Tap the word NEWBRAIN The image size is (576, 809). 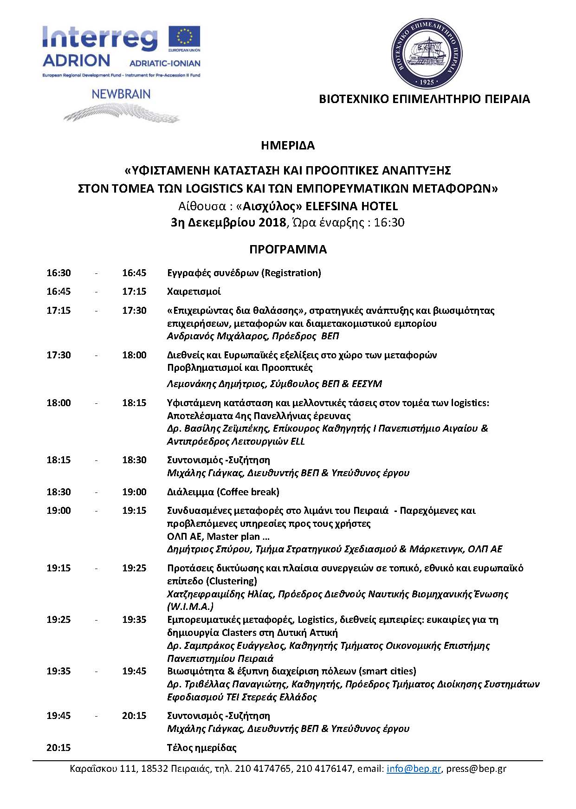point(121,94)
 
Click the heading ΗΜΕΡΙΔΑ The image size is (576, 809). point(288,146)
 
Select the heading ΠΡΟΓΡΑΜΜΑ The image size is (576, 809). point(288,250)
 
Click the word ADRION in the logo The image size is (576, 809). point(77,61)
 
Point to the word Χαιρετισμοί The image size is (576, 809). point(194,291)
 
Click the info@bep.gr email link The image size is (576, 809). point(414,769)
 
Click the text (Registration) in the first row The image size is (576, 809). point(291,273)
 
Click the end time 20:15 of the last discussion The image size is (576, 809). point(134,716)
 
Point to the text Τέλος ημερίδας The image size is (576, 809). point(202,748)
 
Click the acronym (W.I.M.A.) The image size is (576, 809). point(190,607)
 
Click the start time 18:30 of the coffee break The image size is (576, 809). point(58,492)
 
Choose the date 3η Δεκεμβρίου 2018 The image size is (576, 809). point(229,223)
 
